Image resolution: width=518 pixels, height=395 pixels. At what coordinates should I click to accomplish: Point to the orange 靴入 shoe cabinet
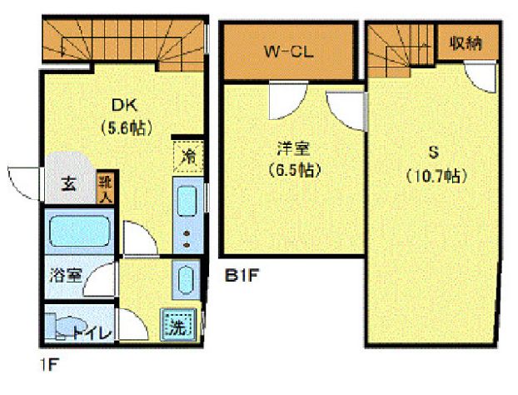[x=105, y=190]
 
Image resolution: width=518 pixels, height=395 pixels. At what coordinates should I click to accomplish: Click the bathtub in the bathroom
[x=77, y=232]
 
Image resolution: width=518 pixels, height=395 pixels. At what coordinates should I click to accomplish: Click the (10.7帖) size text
[x=435, y=176]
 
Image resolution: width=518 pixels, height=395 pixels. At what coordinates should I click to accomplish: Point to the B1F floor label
[x=242, y=272]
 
